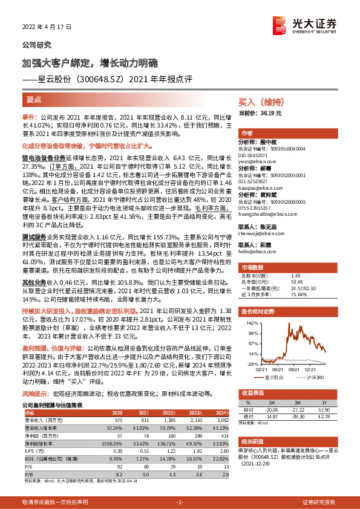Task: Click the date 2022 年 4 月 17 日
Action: pos(44,28)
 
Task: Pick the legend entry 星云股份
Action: pos(275,376)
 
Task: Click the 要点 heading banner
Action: pos(34,100)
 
